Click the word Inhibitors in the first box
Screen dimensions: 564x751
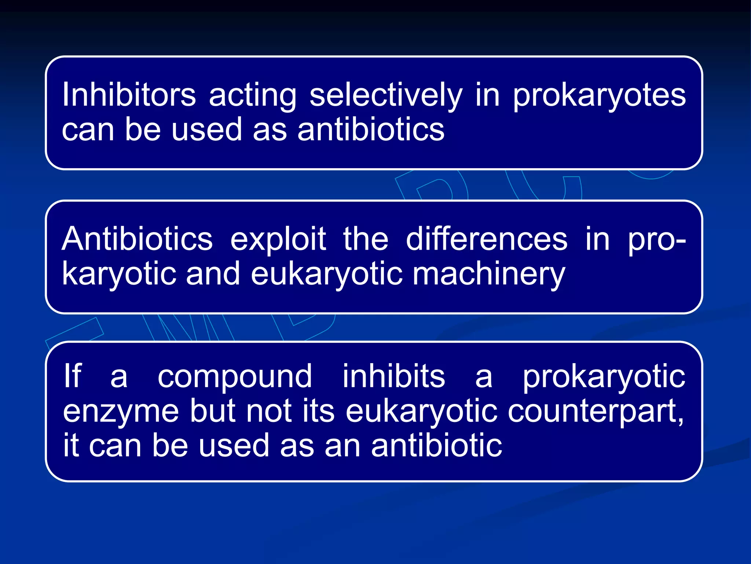(129, 95)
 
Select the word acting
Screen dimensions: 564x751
(253, 95)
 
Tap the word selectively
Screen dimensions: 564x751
(386, 95)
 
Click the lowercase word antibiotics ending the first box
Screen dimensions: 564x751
(371, 129)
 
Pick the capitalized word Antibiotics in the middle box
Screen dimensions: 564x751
(137, 239)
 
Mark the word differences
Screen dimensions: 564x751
(487, 239)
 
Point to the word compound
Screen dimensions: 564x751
(235, 377)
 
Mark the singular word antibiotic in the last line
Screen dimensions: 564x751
(436, 445)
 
